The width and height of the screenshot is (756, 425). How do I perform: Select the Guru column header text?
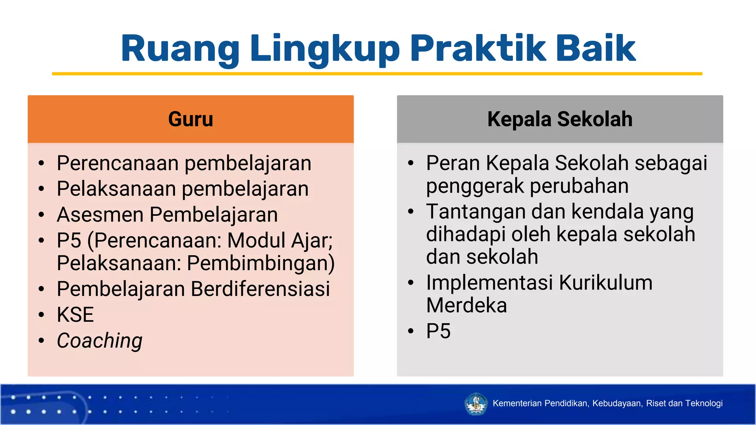pos(190,119)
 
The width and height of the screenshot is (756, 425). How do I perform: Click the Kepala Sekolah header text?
pos(560,119)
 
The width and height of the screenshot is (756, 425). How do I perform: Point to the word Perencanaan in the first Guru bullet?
pos(118,163)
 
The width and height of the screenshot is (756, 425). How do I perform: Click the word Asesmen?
pos(100,215)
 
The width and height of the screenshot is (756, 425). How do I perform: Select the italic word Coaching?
pos(100,340)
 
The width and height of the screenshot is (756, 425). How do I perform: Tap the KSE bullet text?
pos(75,315)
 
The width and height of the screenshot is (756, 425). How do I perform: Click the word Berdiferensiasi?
pos(260,288)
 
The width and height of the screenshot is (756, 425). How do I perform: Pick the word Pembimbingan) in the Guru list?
pos(261,263)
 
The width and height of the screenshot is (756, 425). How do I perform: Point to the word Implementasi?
pos(489,283)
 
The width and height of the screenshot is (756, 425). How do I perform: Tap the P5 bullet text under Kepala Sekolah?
pos(438,331)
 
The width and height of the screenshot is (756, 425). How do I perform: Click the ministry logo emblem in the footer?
pos(476,404)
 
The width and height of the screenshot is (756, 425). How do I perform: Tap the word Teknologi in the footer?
pos(704,403)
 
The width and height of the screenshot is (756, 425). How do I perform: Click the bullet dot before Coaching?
pos(41,341)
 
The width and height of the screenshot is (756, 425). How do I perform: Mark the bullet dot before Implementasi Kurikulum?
pos(411,283)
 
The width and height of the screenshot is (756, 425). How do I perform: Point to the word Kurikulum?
pos(605,283)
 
